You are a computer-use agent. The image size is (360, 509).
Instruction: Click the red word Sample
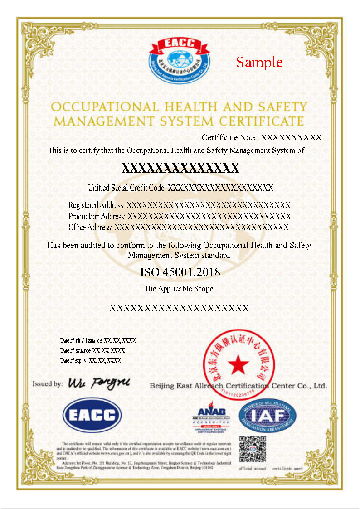point(259,62)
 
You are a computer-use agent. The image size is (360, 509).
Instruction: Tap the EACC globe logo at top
point(180,59)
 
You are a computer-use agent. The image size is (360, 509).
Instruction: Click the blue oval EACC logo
point(92,415)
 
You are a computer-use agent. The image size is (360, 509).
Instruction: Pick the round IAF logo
point(267,416)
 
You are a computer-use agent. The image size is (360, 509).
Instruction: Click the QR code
point(253,449)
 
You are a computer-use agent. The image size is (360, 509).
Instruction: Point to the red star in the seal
point(237,363)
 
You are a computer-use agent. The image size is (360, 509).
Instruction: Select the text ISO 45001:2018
point(180,272)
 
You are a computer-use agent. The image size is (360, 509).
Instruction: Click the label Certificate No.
point(229,137)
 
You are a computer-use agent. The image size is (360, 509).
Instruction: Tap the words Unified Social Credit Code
point(127,188)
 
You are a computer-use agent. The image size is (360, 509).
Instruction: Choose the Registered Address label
point(97,205)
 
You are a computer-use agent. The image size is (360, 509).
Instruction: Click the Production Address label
point(97,216)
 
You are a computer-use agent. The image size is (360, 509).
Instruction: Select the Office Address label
point(90,227)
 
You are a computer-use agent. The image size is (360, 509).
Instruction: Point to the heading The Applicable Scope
point(179,288)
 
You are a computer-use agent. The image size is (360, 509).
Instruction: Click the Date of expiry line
point(90,361)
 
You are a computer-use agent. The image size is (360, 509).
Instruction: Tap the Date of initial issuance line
point(98,340)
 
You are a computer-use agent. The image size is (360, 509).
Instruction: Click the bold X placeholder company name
point(180,169)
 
